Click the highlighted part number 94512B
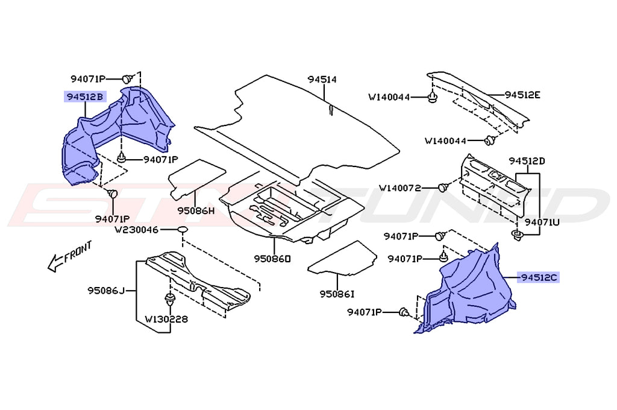tap(85, 96)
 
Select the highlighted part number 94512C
tap(540, 277)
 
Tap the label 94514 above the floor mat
tap(322, 80)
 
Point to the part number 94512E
tap(522, 95)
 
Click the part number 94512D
tap(527, 161)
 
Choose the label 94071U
tap(542, 222)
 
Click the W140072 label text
tap(408, 188)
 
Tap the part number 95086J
tap(105, 292)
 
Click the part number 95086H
tap(196, 211)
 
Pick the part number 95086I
tap(337, 294)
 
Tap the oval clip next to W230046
tap(183, 230)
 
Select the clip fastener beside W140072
tap(443, 188)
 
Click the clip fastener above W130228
tap(169, 300)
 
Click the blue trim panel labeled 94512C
tap(470, 289)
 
